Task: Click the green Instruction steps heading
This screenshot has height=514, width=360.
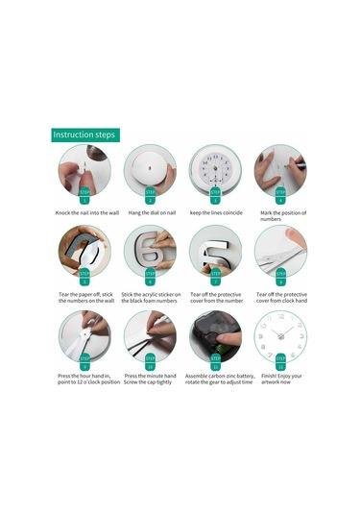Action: tap(84, 135)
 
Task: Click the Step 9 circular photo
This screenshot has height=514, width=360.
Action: tap(84, 336)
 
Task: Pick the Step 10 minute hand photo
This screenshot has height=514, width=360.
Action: tap(150, 336)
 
